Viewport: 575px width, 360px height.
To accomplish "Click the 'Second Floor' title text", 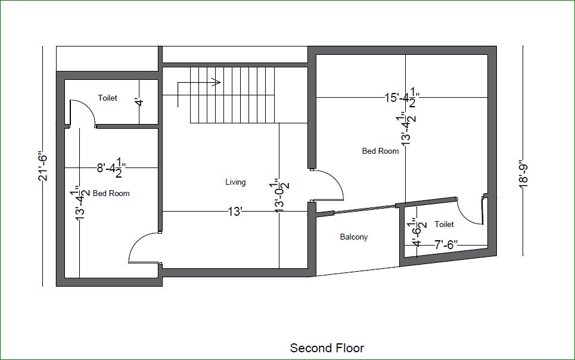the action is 327,348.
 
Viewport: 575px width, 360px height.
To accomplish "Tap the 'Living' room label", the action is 235,182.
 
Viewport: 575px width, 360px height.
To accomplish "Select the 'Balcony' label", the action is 353,237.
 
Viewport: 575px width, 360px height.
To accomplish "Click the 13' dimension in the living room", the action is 235,212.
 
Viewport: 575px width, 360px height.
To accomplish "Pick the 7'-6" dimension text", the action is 446,245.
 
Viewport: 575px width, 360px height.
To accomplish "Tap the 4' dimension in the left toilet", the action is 139,102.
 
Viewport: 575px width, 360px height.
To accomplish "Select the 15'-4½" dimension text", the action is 402,98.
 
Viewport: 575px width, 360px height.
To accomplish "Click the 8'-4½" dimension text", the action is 111,168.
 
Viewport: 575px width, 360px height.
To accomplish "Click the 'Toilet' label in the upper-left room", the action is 107,98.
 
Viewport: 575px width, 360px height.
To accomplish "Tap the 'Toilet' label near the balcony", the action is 444,224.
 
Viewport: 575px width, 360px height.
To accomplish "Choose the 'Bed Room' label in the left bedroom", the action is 111,193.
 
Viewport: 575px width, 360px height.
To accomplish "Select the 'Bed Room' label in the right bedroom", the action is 380,151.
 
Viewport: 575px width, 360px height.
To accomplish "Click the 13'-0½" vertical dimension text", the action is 281,196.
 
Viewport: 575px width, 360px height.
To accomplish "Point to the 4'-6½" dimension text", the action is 417,232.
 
